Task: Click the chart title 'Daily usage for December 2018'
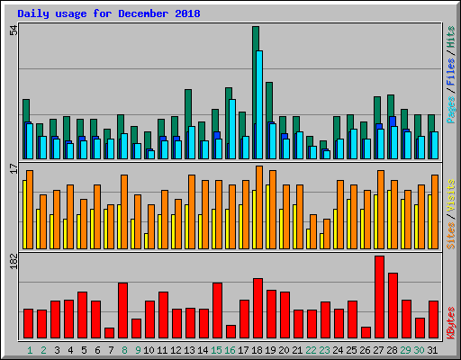[109, 14]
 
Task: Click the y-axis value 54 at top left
[13, 31]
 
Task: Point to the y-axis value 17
[13, 168]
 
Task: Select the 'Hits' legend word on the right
[451, 37]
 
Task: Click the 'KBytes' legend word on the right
[451, 322]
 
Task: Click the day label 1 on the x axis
[31, 349]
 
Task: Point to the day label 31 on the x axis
[433, 349]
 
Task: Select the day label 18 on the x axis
[258, 349]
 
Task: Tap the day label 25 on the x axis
[352, 349]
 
